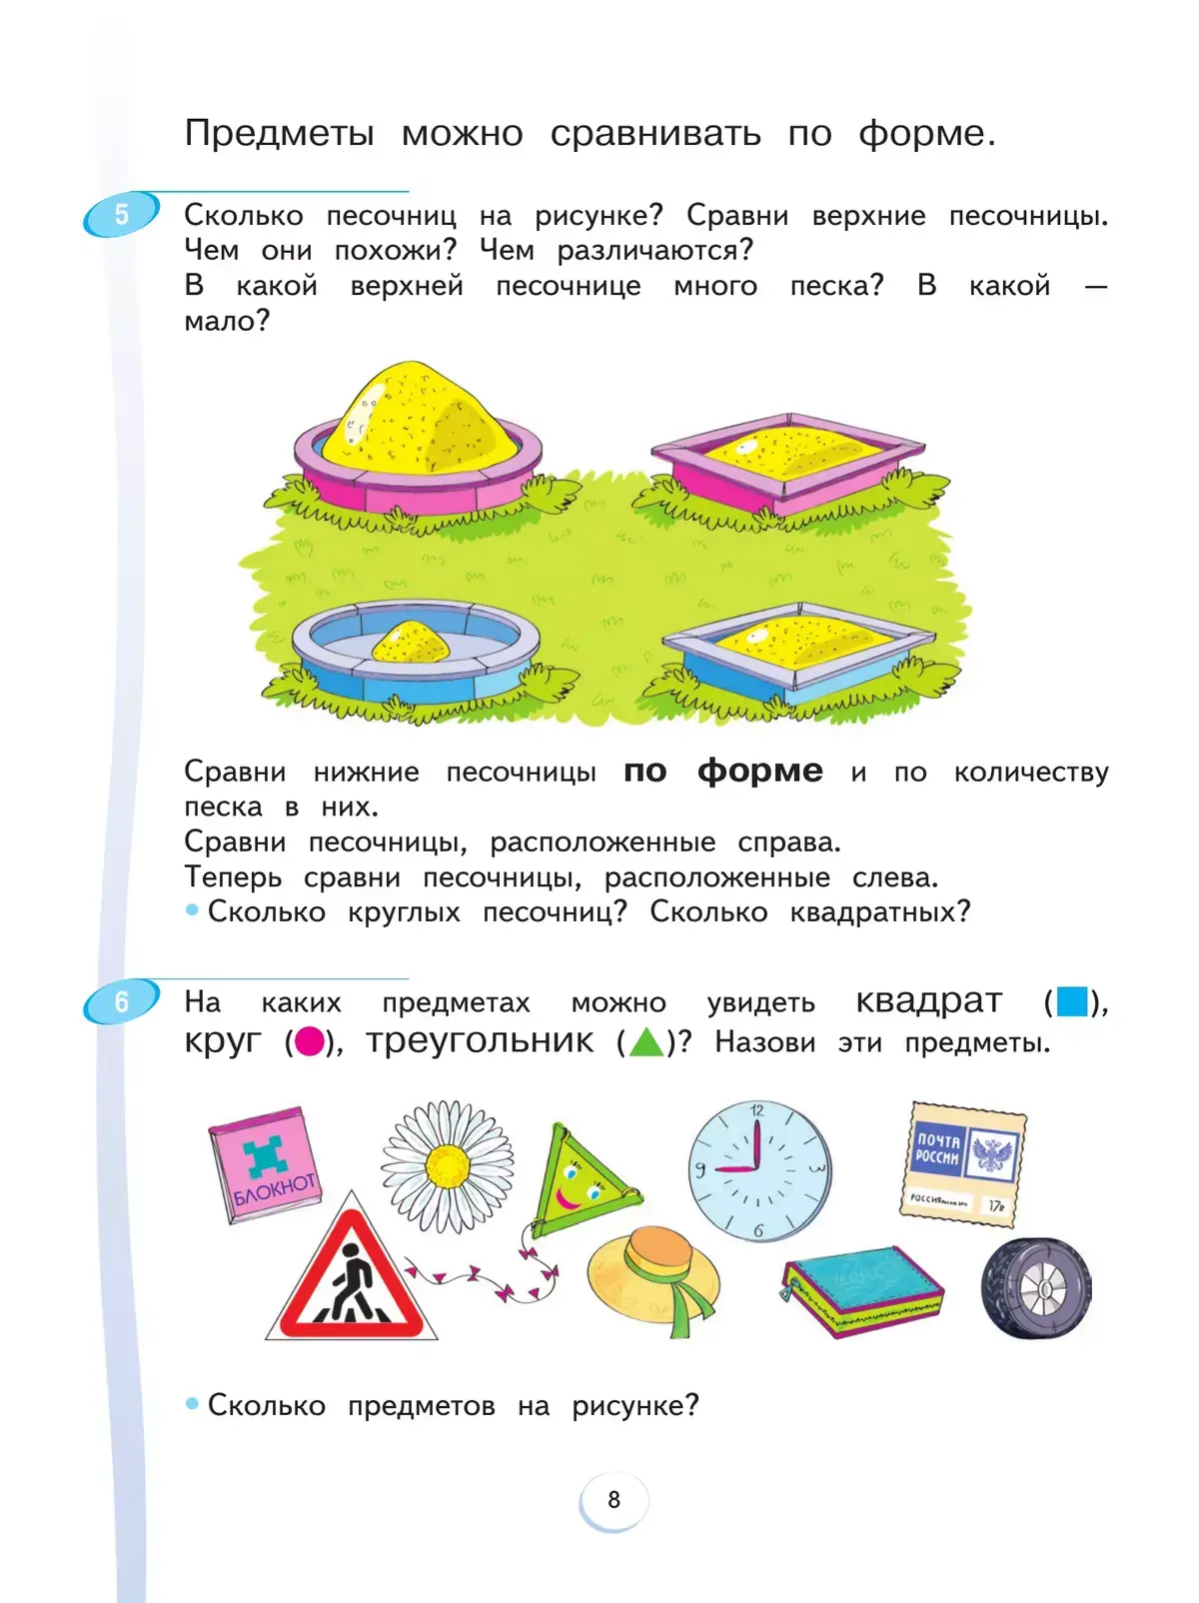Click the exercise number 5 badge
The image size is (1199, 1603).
[121, 215]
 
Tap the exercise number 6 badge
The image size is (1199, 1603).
[121, 1001]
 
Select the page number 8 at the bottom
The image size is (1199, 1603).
[613, 1499]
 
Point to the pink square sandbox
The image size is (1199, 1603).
[789, 462]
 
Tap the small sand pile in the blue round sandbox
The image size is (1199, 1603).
[411, 644]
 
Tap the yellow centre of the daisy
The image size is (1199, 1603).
[448, 1165]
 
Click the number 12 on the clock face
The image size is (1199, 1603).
[756, 1110]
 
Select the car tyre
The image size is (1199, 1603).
[1036, 1289]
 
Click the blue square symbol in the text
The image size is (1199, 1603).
[1071, 1001]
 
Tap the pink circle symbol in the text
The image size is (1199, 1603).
[310, 1042]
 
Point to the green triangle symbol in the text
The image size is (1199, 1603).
[645, 1042]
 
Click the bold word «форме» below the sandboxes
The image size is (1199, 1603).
[759, 771]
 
